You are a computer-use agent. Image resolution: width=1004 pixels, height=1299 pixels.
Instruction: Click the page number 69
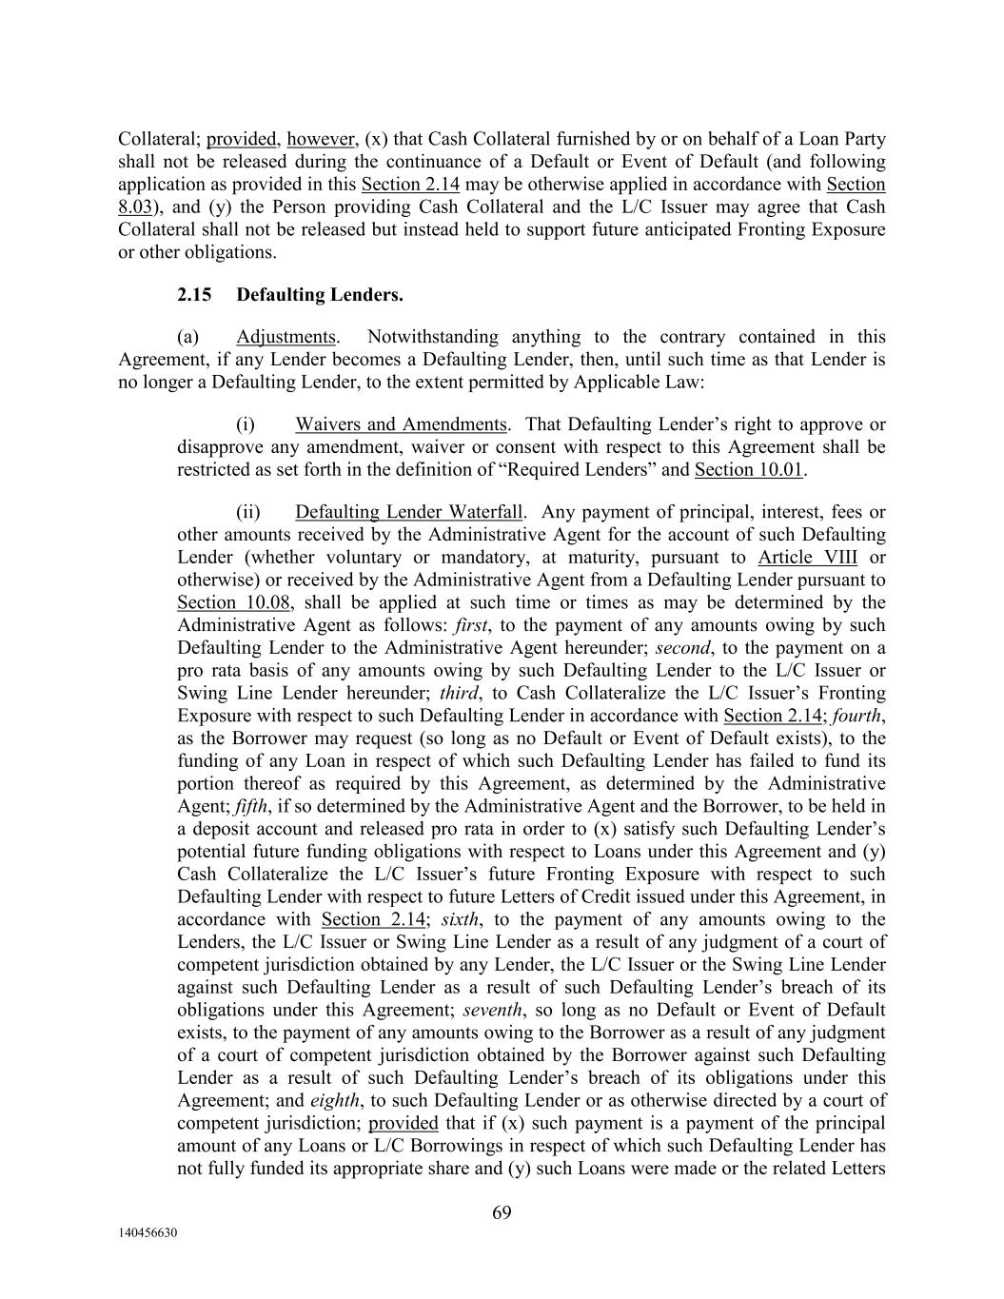(502, 1211)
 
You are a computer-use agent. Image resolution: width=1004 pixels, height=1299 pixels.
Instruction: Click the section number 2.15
(194, 295)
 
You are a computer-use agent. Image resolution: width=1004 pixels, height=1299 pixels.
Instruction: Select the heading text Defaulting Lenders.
(320, 295)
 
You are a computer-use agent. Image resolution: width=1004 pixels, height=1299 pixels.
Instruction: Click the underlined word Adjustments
(285, 337)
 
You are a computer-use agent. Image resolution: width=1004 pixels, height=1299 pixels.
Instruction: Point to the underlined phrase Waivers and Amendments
(401, 424)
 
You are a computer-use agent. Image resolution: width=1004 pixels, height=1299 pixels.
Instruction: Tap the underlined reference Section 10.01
(749, 469)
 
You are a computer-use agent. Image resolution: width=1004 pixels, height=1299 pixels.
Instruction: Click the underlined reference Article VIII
(807, 558)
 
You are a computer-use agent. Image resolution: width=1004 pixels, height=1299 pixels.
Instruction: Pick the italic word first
(469, 625)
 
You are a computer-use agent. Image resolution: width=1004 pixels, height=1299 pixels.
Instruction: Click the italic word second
(682, 648)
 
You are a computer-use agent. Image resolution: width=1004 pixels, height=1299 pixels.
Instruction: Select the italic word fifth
(251, 806)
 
